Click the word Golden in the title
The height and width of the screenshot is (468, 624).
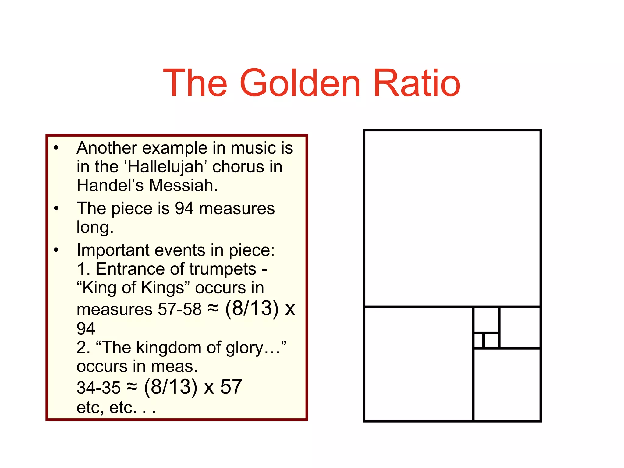(x=300, y=83)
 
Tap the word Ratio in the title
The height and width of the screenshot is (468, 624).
(x=417, y=83)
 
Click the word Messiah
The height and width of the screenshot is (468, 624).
(x=183, y=185)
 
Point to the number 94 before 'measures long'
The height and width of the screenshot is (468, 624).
(x=184, y=209)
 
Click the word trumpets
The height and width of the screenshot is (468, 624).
(x=223, y=269)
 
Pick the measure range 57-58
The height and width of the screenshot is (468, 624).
(x=179, y=309)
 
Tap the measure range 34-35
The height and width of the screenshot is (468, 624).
(x=98, y=388)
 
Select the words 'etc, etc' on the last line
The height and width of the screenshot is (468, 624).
(x=106, y=407)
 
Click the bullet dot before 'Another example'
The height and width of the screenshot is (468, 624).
(x=56, y=148)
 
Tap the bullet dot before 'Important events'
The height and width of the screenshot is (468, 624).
(x=56, y=250)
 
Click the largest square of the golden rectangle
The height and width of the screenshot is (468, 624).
(x=452, y=218)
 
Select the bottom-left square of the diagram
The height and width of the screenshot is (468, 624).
(x=418, y=364)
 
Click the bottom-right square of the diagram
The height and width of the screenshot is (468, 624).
(x=507, y=385)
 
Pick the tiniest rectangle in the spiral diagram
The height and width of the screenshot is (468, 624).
(x=478, y=340)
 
